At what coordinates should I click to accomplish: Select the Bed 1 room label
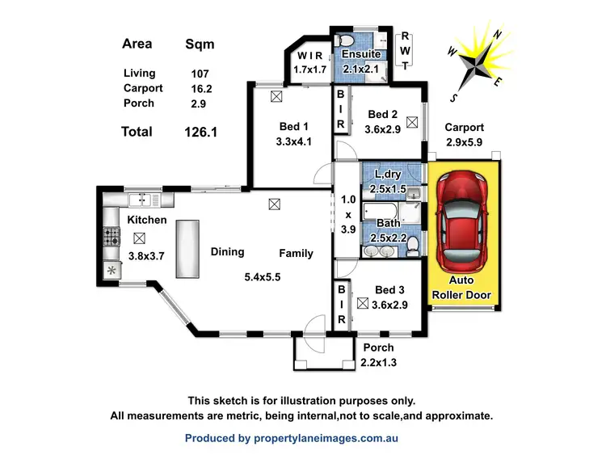(293, 126)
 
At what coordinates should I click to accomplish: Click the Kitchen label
(146, 220)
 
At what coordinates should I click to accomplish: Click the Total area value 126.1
(200, 131)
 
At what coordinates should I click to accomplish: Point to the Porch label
(377, 348)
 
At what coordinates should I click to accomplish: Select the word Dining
(227, 252)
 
